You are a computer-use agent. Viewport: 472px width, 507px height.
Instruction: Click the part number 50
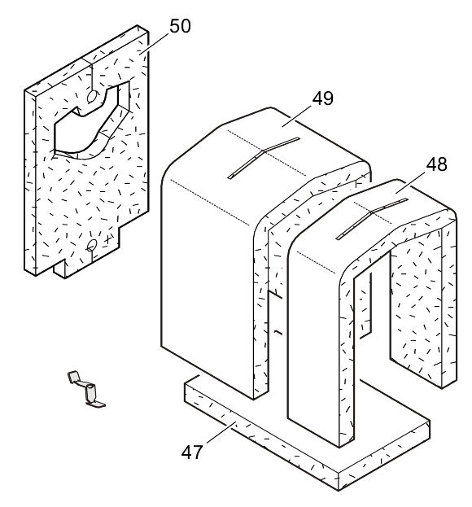[180, 26]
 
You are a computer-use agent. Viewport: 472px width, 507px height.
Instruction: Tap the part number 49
[322, 98]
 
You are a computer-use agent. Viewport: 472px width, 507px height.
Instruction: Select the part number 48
[435, 164]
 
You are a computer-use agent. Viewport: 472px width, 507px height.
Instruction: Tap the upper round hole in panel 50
[94, 97]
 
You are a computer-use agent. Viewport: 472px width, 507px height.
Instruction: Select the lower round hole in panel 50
[92, 245]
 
